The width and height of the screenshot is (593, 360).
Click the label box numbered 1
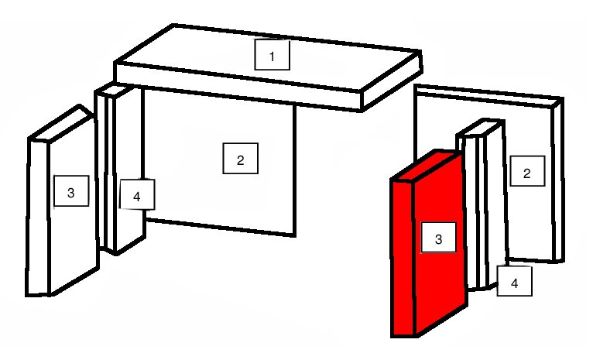[273, 55]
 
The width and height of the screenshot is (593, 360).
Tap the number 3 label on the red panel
[438, 238]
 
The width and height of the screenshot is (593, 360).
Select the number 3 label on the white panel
[71, 191]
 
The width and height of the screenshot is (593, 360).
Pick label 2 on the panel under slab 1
[241, 159]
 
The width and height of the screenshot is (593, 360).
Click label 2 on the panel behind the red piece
[527, 171]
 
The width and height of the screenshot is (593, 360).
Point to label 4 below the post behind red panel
[514, 281]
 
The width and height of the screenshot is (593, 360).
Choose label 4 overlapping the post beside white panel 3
[137, 194]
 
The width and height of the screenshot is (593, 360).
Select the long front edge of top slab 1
[238, 87]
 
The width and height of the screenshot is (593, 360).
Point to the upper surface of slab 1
[268, 57]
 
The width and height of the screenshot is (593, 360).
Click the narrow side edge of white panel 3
[38, 217]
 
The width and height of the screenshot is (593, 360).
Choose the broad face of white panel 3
[73, 204]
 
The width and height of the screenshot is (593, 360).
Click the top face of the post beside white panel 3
[115, 91]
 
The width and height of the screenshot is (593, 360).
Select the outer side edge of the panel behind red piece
[559, 180]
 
